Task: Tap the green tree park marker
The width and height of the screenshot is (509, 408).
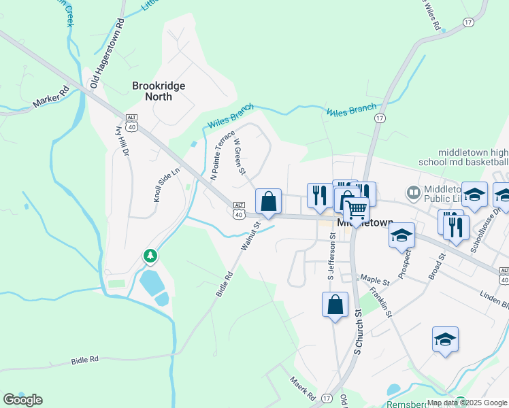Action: pos(150,256)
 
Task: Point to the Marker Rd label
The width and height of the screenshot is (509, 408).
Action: pos(51,99)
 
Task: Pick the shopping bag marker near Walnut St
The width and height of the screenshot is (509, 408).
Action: pos(269,202)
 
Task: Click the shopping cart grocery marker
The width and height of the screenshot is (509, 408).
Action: pos(356,211)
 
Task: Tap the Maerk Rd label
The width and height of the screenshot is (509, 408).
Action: pos(303,388)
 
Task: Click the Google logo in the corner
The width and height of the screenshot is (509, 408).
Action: pos(22,399)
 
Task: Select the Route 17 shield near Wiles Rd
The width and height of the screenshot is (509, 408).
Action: pos(467,22)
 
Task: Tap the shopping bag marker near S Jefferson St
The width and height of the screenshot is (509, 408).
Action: pos(335,304)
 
